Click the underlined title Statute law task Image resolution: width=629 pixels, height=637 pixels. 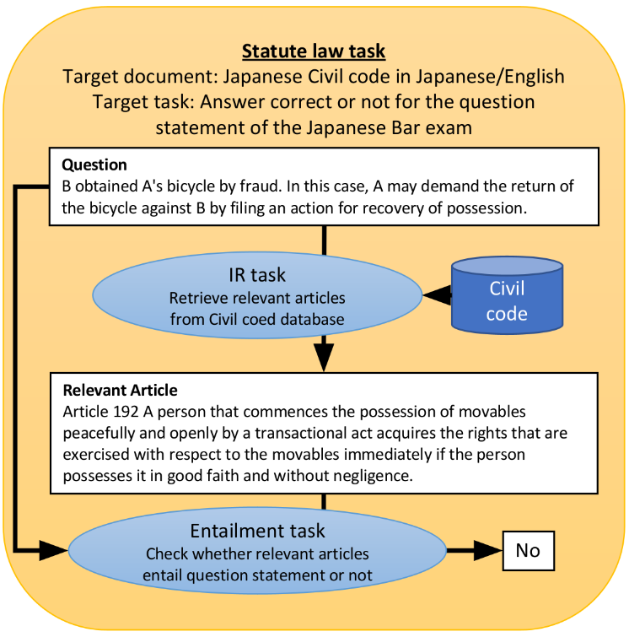(314, 51)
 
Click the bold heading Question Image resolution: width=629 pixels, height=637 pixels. (94, 165)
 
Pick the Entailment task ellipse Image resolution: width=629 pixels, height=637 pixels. (257, 552)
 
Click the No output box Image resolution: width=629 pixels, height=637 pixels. (528, 551)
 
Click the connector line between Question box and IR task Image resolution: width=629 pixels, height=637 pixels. (324, 240)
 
